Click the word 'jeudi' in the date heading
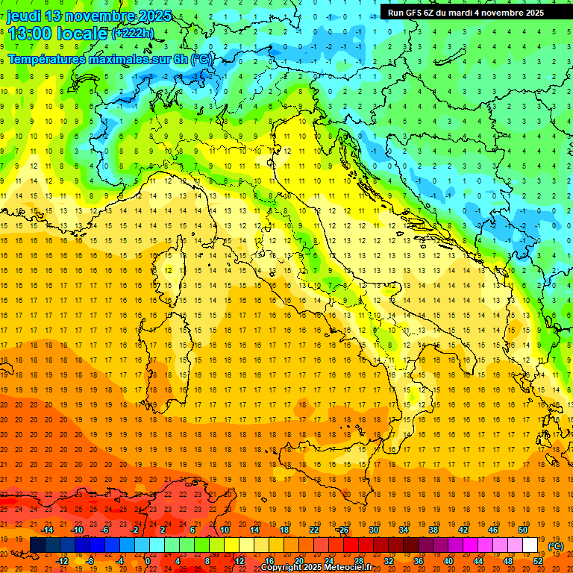[x=25, y=16]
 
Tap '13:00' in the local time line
[x=28, y=34]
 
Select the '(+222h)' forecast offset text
[x=134, y=34]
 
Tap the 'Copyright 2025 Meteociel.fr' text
[x=322, y=568]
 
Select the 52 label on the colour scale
[x=538, y=560]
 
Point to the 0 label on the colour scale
[x=148, y=560]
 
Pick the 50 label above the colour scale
[x=523, y=530]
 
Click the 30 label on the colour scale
[x=373, y=530]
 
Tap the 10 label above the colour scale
[x=224, y=530]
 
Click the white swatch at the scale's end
[x=530, y=545]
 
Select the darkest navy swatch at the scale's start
[x=37, y=545]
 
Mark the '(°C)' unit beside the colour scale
[x=557, y=545]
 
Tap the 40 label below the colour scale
[x=448, y=560]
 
